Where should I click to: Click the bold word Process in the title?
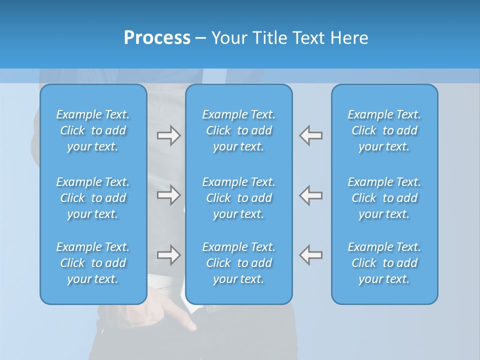click(x=157, y=38)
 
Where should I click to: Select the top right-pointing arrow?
click(x=168, y=135)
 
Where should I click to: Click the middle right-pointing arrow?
click(x=168, y=195)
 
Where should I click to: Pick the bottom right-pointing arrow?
click(x=168, y=255)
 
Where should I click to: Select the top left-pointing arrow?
click(x=310, y=135)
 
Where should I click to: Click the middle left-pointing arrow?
click(x=310, y=195)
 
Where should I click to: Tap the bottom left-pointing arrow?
click(x=310, y=255)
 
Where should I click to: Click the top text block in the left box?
click(x=93, y=130)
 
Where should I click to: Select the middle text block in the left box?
click(x=93, y=198)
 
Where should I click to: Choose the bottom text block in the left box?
click(x=93, y=263)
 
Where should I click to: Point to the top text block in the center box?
click(x=238, y=130)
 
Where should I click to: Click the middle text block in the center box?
click(x=238, y=198)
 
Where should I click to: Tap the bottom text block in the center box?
click(x=238, y=263)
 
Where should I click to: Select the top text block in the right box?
click(x=384, y=130)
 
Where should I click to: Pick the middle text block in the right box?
click(x=384, y=198)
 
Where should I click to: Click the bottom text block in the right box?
click(x=384, y=263)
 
